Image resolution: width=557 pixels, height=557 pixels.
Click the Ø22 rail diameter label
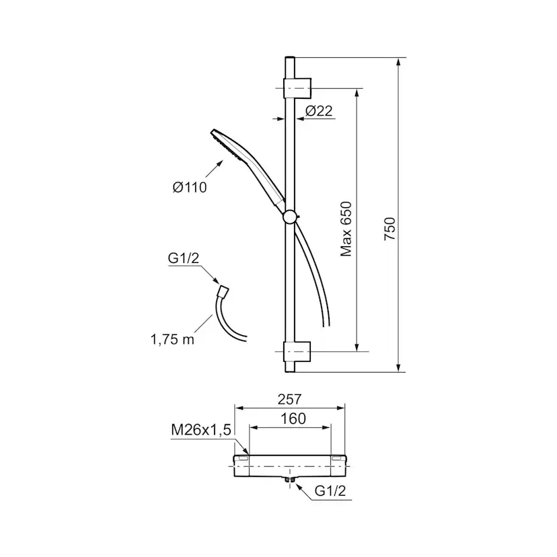coord(319,111)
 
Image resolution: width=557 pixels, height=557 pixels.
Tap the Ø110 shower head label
coord(190,187)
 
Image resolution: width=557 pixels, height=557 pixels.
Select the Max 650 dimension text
coord(346,229)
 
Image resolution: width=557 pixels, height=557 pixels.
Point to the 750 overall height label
coord(389,229)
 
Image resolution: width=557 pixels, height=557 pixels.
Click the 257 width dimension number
coord(289,400)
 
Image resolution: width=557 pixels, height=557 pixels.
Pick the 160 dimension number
coord(293,419)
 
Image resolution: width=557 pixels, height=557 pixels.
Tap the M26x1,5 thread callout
coord(201,430)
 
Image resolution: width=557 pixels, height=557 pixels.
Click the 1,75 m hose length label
coord(173,340)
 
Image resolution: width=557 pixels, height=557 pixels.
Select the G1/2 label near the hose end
coord(184,258)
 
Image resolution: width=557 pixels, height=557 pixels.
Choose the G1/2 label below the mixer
coord(330,491)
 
